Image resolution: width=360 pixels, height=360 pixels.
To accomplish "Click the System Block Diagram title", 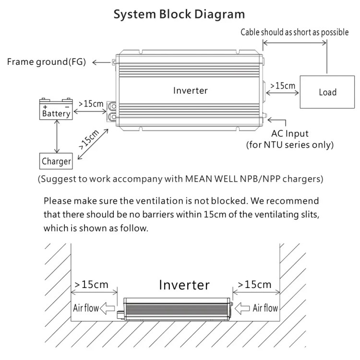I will click(179, 14).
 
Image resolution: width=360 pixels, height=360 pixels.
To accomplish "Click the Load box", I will click(327, 92).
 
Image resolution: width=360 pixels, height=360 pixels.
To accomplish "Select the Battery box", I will click(56, 109).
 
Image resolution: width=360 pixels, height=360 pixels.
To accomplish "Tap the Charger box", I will click(56, 161).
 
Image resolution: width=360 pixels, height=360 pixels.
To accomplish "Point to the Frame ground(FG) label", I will click(46, 62).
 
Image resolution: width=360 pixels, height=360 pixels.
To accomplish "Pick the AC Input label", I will click(290, 133).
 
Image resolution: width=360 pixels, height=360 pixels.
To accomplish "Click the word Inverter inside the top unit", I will click(191, 90).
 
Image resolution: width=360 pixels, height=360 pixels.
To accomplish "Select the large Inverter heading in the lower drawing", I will click(184, 285).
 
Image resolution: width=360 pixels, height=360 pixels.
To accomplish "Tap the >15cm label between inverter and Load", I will click(283, 85).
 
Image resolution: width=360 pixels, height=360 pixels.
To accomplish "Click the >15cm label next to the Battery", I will click(91, 103).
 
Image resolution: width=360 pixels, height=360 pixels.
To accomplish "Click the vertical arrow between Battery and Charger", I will click(57, 136).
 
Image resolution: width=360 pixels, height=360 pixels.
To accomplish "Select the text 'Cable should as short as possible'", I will click(295, 33).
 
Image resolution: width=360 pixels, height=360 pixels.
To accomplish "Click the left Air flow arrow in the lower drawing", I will click(108, 308).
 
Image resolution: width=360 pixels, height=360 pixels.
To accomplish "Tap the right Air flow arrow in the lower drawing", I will click(242, 308).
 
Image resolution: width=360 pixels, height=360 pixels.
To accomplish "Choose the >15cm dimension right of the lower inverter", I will click(255, 284).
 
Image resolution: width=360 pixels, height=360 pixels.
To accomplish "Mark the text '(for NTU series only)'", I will click(289, 144).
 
